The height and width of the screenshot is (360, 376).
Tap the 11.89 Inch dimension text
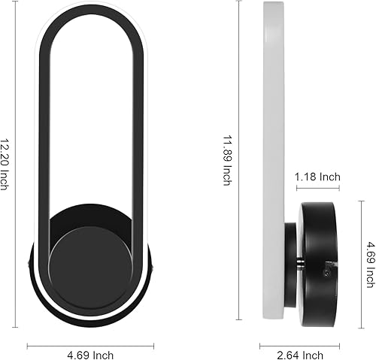click(226, 159)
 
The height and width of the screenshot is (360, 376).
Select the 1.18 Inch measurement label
click(318, 177)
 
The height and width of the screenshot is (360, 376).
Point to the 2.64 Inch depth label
click(299, 354)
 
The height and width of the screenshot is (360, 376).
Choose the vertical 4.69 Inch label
click(370, 263)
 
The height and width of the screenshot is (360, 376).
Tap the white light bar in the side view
click(274, 150)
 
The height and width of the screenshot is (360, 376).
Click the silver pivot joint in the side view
click(299, 262)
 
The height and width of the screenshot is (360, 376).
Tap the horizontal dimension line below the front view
click(90, 345)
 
